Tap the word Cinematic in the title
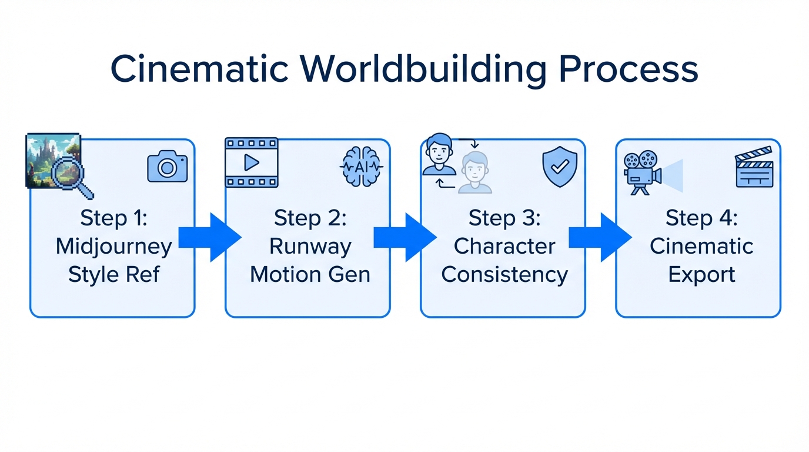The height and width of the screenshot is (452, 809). (x=199, y=69)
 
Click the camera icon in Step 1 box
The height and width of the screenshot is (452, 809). (x=167, y=167)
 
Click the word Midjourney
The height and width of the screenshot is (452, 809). (x=113, y=246)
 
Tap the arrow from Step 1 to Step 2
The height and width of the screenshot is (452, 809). (x=209, y=237)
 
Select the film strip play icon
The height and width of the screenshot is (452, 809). (x=252, y=162)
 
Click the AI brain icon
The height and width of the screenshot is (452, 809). (x=361, y=167)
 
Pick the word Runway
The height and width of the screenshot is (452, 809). (x=310, y=246)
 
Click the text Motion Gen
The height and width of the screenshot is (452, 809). (x=310, y=274)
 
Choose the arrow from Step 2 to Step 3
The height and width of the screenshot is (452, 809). (x=404, y=237)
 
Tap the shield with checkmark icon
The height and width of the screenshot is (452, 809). (x=559, y=167)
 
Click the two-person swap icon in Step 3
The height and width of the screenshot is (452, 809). (x=457, y=164)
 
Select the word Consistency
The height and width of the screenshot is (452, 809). (x=504, y=274)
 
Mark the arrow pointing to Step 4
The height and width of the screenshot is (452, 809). (x=600, y=237)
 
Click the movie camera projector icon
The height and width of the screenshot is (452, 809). (x=643, y=171)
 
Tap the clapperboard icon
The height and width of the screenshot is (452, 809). (x=754, y=167)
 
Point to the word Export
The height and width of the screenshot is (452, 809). (x=701, y=274)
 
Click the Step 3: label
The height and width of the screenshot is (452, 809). (x=504, y=218)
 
